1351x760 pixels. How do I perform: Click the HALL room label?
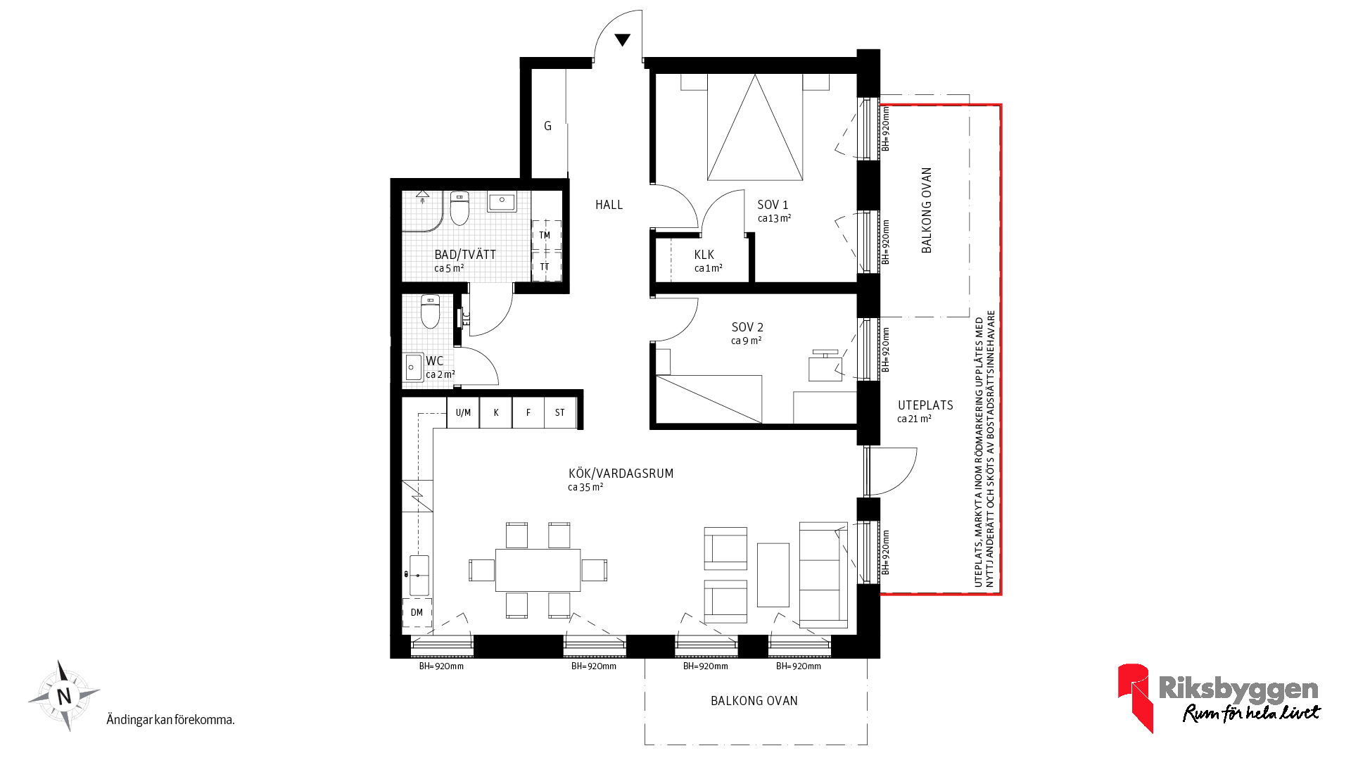click(x=609, y=205)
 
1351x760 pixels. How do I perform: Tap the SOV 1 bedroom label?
click(x=773, y=205)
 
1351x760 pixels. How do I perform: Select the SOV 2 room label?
click(x=747, y=327)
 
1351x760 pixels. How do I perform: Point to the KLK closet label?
click(x=704, y=255)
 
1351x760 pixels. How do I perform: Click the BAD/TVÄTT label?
click(x=465, y=254)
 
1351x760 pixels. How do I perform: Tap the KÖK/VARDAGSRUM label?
click(x=621, y=474)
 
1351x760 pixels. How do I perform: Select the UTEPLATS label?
click(x=925, y=405)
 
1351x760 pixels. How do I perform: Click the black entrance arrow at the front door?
click(x=622, y=40)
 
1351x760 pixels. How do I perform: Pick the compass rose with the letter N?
click(x=64, y=696)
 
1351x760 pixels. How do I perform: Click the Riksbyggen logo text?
click(x=1238, y=688)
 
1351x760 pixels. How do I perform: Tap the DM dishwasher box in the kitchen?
click(x=417, y=612)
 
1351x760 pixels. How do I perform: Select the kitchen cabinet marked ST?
click(x=560, y=413)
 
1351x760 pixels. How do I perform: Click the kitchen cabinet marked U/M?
click(x=463, y=413)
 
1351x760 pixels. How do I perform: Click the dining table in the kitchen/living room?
click(x=538, y=570)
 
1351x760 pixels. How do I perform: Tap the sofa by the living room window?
click(x=824, y=575)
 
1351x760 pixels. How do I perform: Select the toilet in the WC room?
click(x=430, y=312)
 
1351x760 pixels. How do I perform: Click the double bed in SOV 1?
click(x=755, y=127)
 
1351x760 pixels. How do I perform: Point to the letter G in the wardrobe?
click(x=547, y=126)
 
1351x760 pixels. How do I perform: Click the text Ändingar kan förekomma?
click(x=170, y=720)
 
